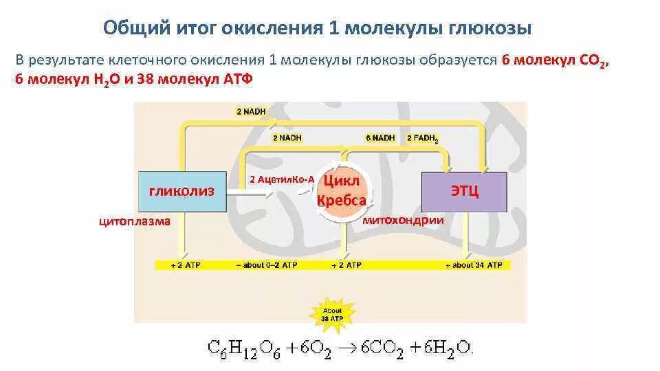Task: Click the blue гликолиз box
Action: click(182, 191)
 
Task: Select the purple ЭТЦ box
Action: click(464, 191)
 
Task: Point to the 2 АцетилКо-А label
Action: click(281, 179)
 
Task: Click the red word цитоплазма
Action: click(135, 222)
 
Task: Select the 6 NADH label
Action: click(380, 138)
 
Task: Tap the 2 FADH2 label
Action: click(422, 138)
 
